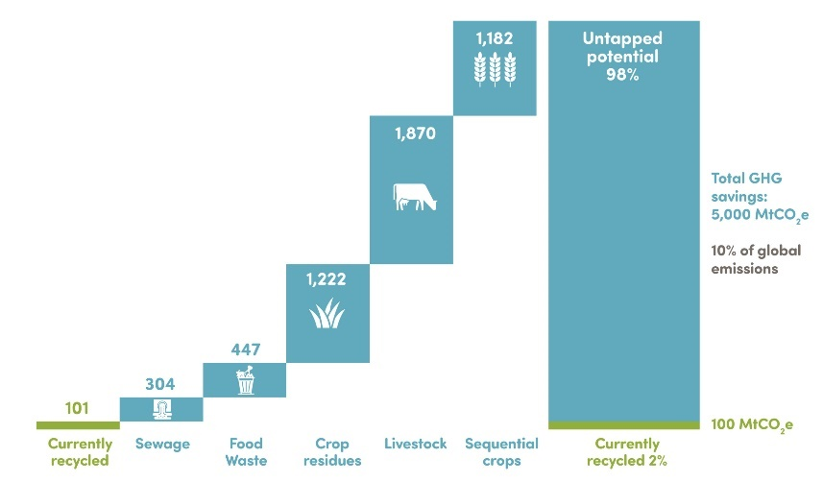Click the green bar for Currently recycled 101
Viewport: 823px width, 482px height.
coord(77,424)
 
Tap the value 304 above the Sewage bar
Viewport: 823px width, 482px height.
coord(160,384)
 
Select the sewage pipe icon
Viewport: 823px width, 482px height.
coord(160,409)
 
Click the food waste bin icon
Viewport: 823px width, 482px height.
coord(245,379)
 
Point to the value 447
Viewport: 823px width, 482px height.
coord(245,349)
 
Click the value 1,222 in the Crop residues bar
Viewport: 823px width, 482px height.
coord(327,279)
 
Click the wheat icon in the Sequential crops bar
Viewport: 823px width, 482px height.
coord(496,69)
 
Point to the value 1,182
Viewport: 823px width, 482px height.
coord(496,39)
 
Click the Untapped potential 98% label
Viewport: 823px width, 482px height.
coord(623,57)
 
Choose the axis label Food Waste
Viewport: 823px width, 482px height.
coord(246,452)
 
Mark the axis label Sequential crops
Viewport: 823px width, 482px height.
coord(500,452)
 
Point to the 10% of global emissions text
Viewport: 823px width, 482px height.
coord(744,260)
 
